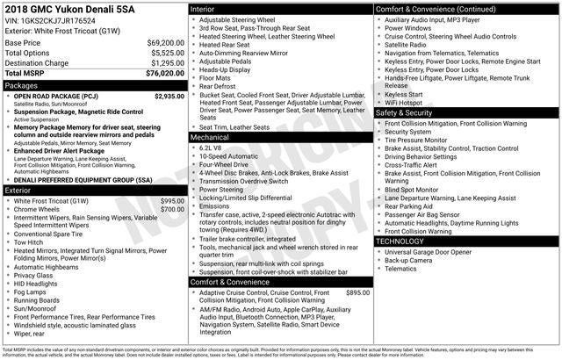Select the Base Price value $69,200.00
165,42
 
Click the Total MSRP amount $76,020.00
163,75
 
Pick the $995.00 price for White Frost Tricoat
172,201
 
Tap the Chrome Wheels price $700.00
172,210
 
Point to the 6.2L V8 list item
211,148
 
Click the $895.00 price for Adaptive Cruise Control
357,292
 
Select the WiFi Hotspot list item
405,102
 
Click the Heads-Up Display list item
230,68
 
